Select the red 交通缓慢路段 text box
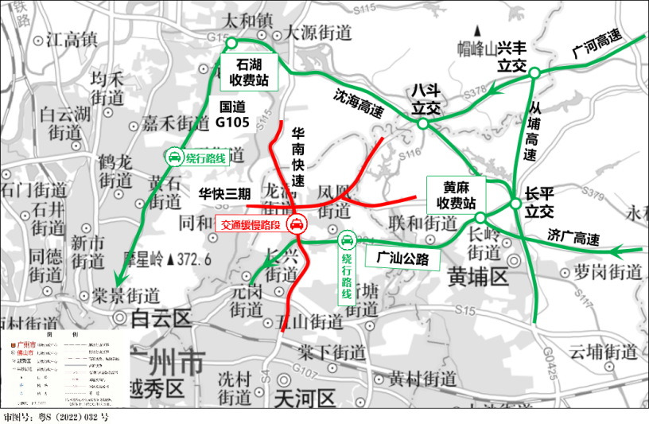(x=250, y=225)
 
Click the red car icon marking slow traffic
(x=295, y=225)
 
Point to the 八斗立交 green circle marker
(x=423, y=123)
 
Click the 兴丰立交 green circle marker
(x=534, y=73)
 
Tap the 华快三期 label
(x=224, y=193)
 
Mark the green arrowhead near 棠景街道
(x=118, y=279)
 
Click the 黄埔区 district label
(x=477, y=278)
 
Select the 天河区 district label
(x=301, y=397)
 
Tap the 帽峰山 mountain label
(x=482, y=48)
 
